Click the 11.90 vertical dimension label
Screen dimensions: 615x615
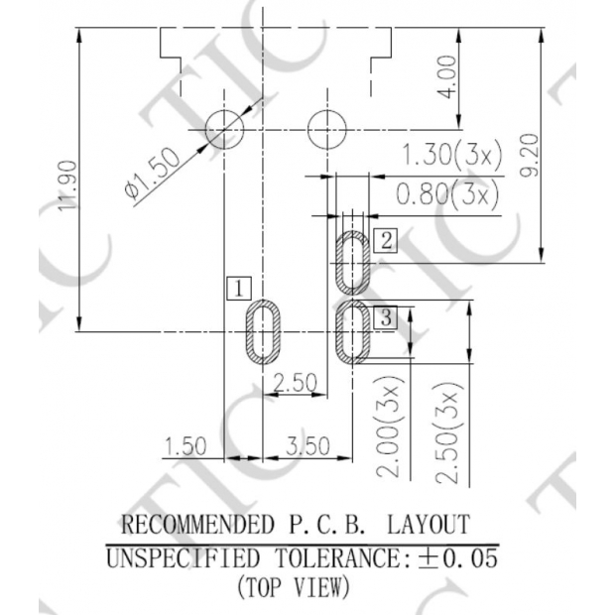pos(66,185)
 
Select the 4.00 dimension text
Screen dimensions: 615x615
pos(448,76)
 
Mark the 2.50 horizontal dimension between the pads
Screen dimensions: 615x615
pos(295,383)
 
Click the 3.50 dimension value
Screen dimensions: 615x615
pos(307,446)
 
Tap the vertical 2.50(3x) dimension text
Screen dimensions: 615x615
pos(451,435)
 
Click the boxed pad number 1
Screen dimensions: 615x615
pos(238,289)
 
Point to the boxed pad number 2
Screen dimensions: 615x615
pos(387,239)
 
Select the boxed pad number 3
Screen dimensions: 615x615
pos(387,317)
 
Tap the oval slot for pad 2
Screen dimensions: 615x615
pos(353,263)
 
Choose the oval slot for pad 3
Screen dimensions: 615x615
pos(353,331)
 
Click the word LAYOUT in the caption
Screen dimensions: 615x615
pos(428,524)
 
